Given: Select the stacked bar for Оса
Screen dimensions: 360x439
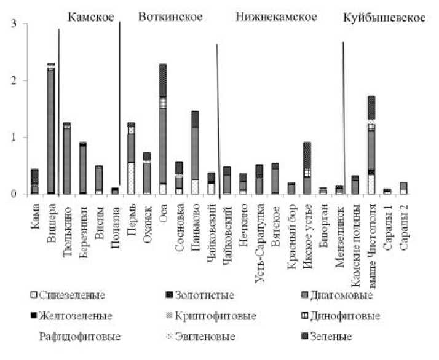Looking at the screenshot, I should [x=162, y=129].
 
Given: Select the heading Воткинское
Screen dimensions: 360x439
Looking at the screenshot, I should [x=170, y=17].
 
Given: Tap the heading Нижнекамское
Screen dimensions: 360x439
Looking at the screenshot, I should [x=276, y=17].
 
